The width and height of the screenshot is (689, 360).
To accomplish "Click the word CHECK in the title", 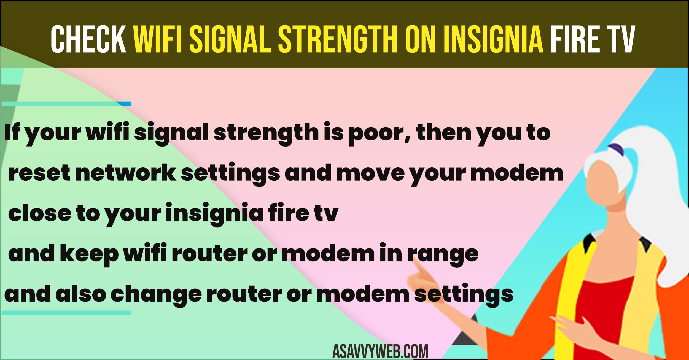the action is pos(88,39).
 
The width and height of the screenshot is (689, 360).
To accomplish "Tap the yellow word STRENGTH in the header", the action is pos(338,39).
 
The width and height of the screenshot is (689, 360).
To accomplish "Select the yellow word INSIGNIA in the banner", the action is pos(493,39).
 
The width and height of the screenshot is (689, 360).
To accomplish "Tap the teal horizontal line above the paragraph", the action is pos(67,104).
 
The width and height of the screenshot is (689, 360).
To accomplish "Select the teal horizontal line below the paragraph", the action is pos(67,313).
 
